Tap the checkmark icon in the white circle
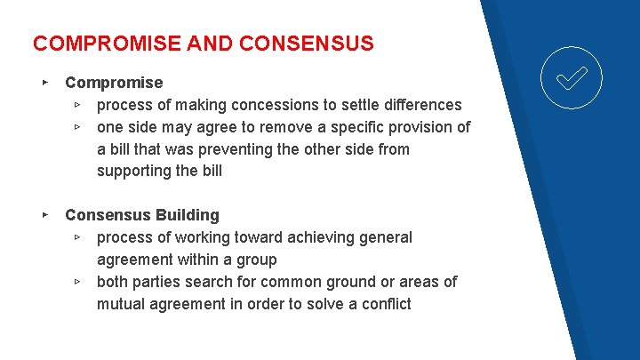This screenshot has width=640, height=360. [572, 78]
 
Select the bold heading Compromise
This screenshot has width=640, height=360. [114, 83]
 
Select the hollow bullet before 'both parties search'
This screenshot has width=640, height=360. [78, 282]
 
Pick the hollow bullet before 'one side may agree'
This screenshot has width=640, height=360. [78, 127]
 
